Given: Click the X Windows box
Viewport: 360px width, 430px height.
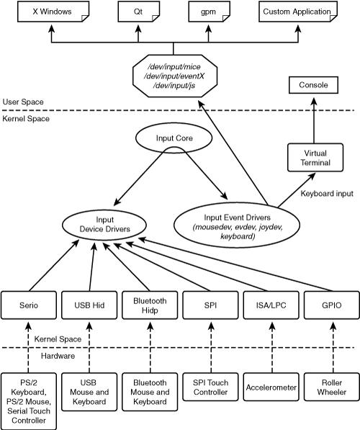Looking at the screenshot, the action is click(53, 12).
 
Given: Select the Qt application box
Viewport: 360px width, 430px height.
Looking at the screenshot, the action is click(139, 12).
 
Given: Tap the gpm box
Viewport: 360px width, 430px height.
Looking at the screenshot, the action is click(209, 12).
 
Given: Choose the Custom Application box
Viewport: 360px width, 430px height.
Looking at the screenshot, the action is click(298, 12).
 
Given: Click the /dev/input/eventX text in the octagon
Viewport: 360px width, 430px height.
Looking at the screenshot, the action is click(174, 76).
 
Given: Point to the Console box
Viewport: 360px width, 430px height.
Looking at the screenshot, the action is click(313, 85).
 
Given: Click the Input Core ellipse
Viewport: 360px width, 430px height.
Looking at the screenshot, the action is click(174, 138).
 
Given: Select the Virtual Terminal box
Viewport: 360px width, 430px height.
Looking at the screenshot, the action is click(315, 158).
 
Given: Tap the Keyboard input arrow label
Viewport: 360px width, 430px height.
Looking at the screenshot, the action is click(327, 194).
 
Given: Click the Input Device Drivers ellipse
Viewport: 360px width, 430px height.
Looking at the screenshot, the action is click(104, 225).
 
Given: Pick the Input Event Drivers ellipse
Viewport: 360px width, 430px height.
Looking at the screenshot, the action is click(237, 225).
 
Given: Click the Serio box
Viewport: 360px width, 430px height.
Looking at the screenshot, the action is click(29, 305).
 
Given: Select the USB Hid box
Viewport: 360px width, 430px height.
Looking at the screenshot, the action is click(89, 305).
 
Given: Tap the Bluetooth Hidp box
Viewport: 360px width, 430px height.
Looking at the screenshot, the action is click(150, 305).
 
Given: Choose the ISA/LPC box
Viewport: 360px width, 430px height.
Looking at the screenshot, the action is click(271, 305).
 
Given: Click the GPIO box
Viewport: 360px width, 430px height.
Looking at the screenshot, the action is click(332, 305).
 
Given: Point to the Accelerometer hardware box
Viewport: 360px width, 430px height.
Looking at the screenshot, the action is click(271, 387).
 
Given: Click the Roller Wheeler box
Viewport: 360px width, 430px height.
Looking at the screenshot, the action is click(332, 387).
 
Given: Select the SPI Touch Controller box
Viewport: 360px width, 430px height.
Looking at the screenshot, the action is click(210, 387).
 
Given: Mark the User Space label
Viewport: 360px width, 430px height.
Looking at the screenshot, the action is click(23, 102).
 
